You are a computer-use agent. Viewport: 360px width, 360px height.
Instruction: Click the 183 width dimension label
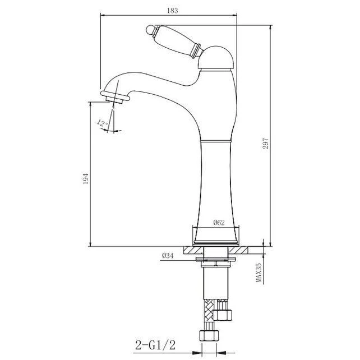[172, 11]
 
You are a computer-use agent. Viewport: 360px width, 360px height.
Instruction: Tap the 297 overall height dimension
[265, 144]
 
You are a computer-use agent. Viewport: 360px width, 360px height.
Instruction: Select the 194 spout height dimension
[85, 178]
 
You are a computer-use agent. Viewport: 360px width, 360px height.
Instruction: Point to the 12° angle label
[103, 123]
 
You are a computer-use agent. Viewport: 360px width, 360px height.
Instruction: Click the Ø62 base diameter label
[219, 223]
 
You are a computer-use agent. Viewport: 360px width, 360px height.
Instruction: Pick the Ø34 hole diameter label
[168, 256]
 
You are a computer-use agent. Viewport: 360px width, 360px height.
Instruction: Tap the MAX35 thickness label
[259, 273]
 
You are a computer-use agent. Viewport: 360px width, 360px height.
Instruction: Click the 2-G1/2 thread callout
[155, 345]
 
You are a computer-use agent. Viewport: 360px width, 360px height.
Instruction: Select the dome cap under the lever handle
[215, 57]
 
